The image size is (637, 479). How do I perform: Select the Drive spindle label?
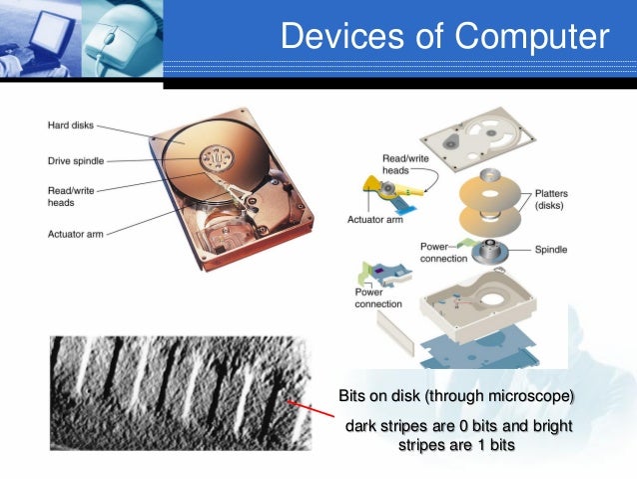pos(75,160)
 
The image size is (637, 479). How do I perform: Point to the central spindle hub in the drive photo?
pos(213,158)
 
